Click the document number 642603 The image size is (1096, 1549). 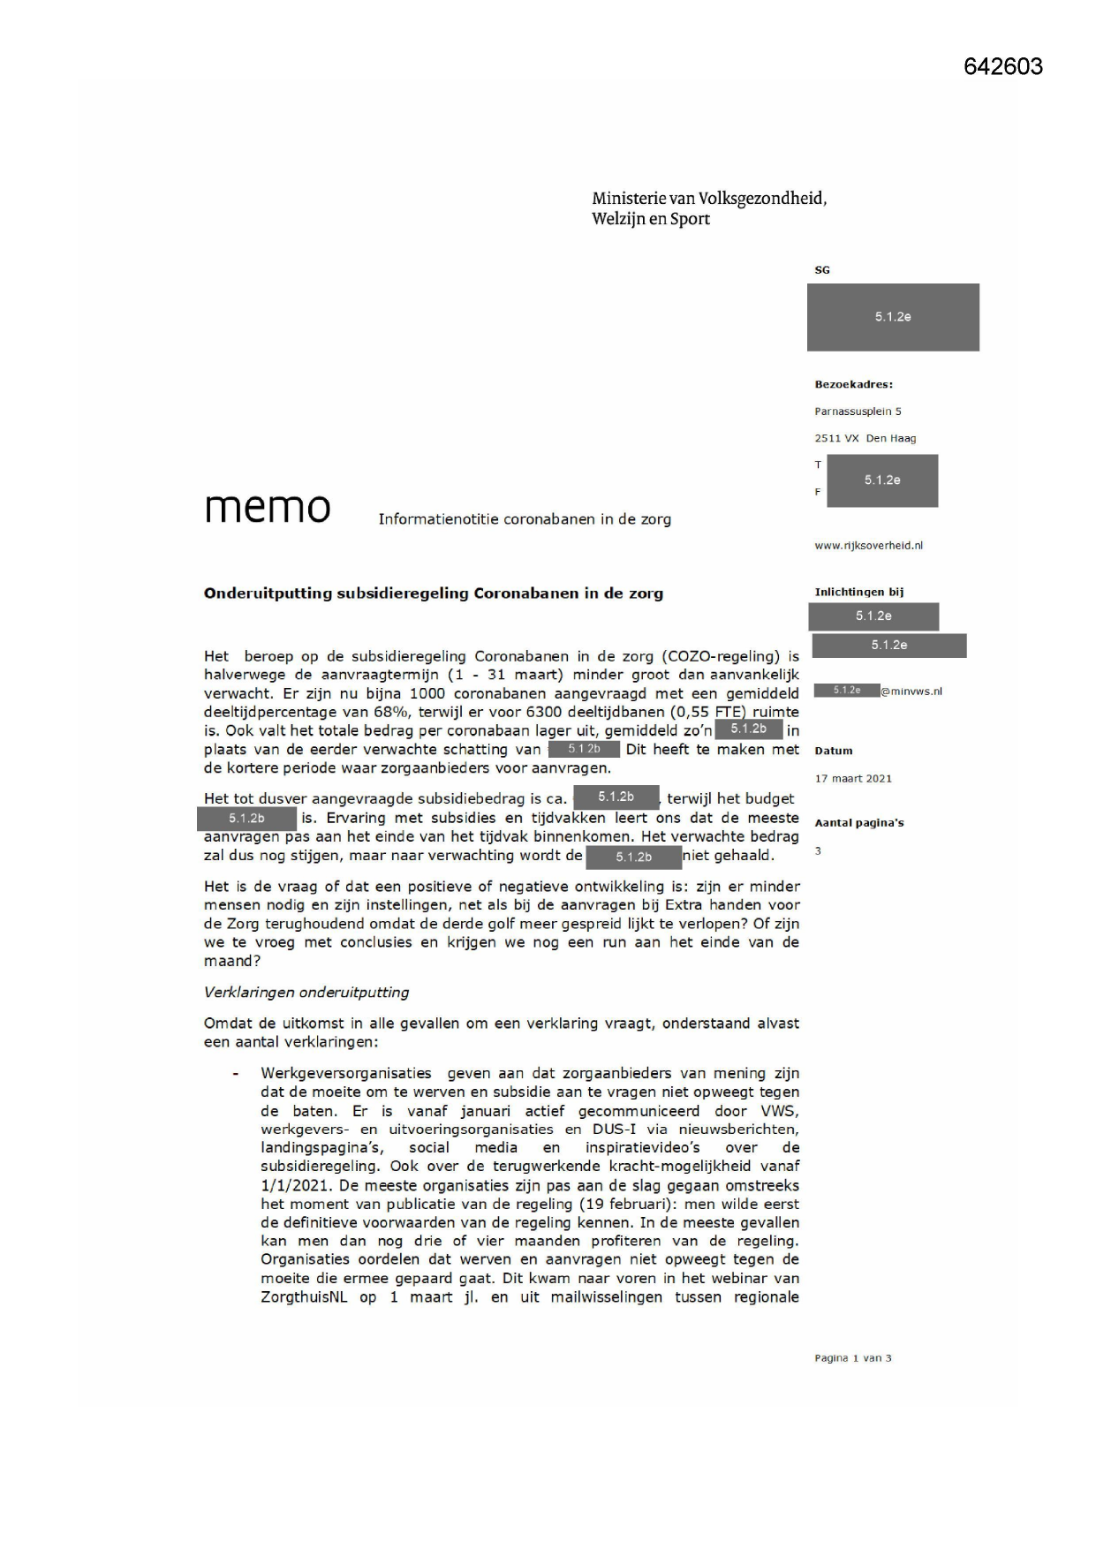click(1002, 67)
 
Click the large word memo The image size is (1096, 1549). click(268, 507)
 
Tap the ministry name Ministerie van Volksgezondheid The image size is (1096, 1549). click(708, 199)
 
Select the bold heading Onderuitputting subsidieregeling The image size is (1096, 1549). click(433, 593)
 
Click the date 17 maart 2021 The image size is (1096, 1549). click(852, 778)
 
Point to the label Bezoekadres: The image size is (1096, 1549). click(853, 384)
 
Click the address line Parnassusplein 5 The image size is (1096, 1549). click(858, 412)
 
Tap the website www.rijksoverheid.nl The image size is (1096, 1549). click(868, 546)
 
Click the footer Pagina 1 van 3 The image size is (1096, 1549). click(852, 1357)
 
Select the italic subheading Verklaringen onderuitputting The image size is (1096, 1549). click(306, 992)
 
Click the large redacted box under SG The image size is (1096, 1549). click(892, 317)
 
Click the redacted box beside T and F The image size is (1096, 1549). click(881, 480)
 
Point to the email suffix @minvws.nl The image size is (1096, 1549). click(911, 691)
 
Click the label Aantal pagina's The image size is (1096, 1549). click(858, 823)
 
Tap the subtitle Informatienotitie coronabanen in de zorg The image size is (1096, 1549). click(525, 519)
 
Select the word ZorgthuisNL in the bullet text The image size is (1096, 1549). click(304, 1297)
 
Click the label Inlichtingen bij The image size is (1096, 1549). click(858, 593)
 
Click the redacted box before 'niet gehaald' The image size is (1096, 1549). click(633, 857)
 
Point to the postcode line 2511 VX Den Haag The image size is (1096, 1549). click(865, 438)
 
